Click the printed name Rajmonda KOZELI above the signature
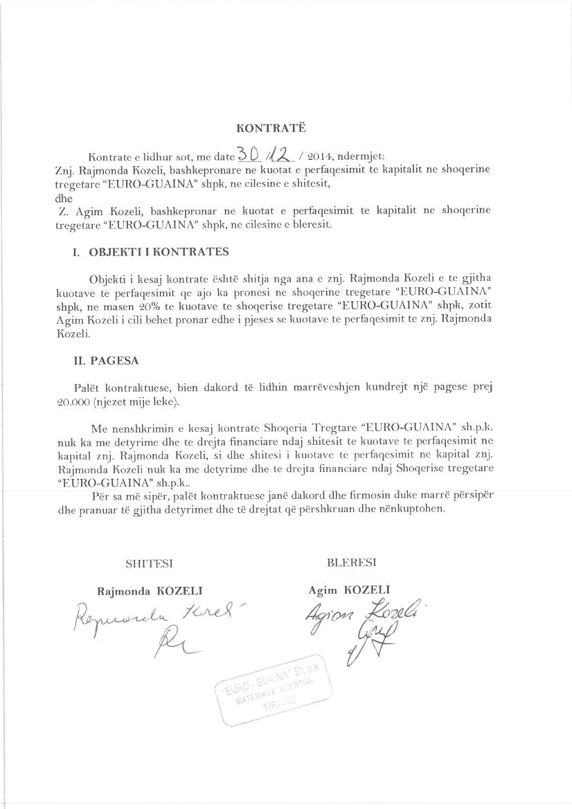click(150, 591)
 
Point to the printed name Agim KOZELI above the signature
click(350, 590)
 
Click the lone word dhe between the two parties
click(63, 196)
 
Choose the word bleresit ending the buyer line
click(312, 225)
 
